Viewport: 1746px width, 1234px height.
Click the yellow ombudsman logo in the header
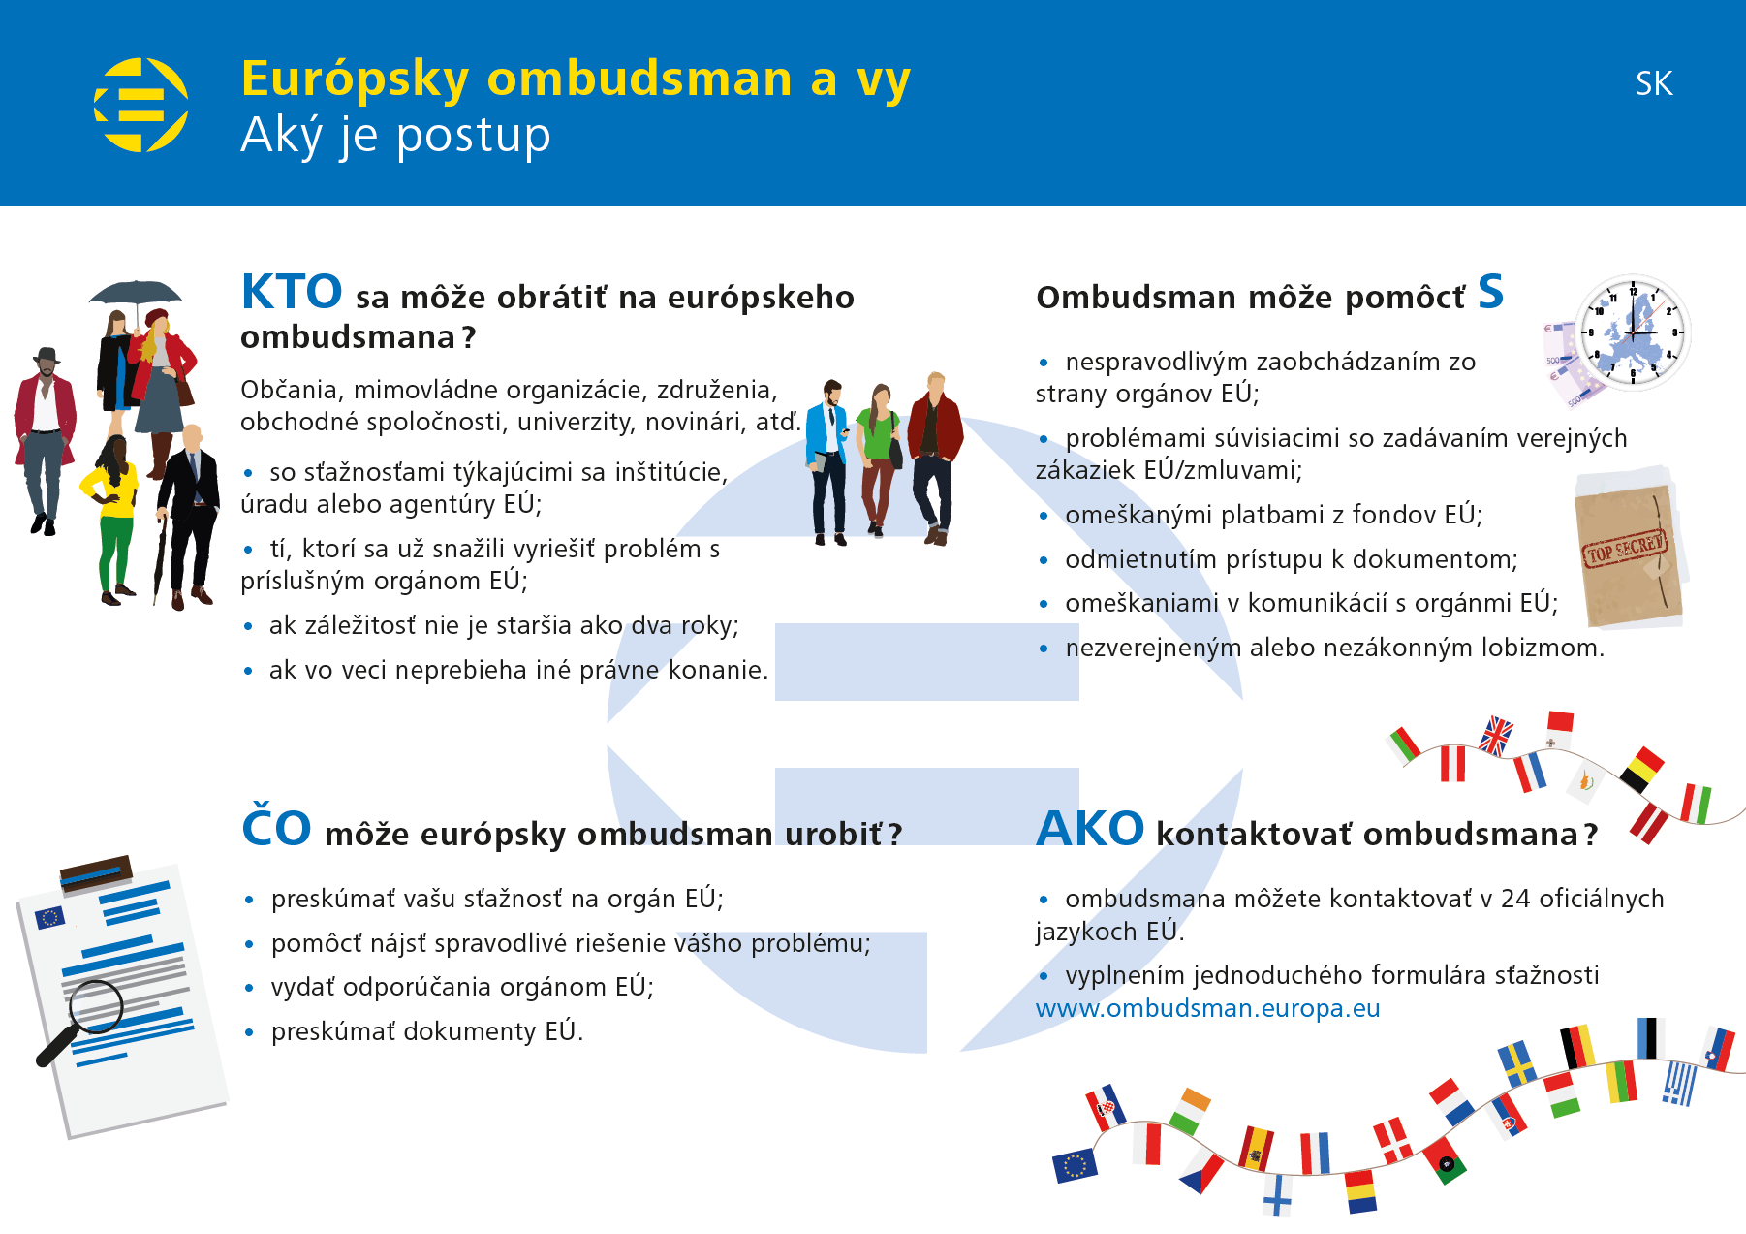pos(141,105)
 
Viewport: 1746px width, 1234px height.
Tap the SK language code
pos(1654,83)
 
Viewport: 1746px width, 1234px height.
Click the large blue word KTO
pos(292,292)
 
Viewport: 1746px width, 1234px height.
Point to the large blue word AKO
pos(1090,829)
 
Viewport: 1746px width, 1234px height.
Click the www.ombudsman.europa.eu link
pos(1208,1008)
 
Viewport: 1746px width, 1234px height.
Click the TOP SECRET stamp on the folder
pos(1626,550)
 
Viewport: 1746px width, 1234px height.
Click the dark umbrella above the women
pos(136,293)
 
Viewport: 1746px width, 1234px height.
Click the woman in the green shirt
pos(879,459)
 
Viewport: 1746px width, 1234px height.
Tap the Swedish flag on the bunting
pos(1516,1063)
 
